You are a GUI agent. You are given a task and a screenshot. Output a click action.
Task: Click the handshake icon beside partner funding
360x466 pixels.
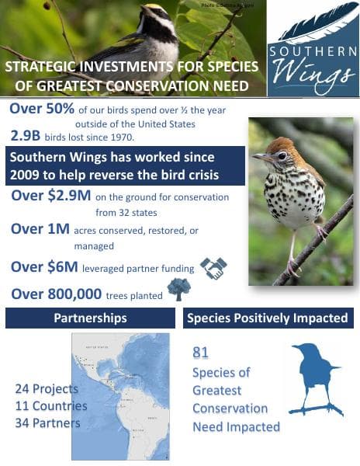(x=213, y=268)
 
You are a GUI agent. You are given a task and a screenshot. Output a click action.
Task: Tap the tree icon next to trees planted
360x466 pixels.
(x=178, y=290)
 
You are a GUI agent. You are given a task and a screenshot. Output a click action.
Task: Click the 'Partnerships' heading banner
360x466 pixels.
(x=90, y=318)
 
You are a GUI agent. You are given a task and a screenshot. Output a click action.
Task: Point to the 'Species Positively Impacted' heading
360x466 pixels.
(x=268, y=318)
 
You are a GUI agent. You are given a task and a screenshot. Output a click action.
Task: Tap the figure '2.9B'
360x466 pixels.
(x=29, y=135)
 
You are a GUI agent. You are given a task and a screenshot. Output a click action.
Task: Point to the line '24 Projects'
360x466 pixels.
(x=47, y=388)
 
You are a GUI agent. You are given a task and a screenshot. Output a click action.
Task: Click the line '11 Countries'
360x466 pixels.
(x=51, y=405)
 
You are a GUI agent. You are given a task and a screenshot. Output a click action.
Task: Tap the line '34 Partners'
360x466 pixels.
(x=47, y=423)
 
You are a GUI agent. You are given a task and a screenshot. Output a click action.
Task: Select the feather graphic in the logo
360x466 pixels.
(x=314, y=24)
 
